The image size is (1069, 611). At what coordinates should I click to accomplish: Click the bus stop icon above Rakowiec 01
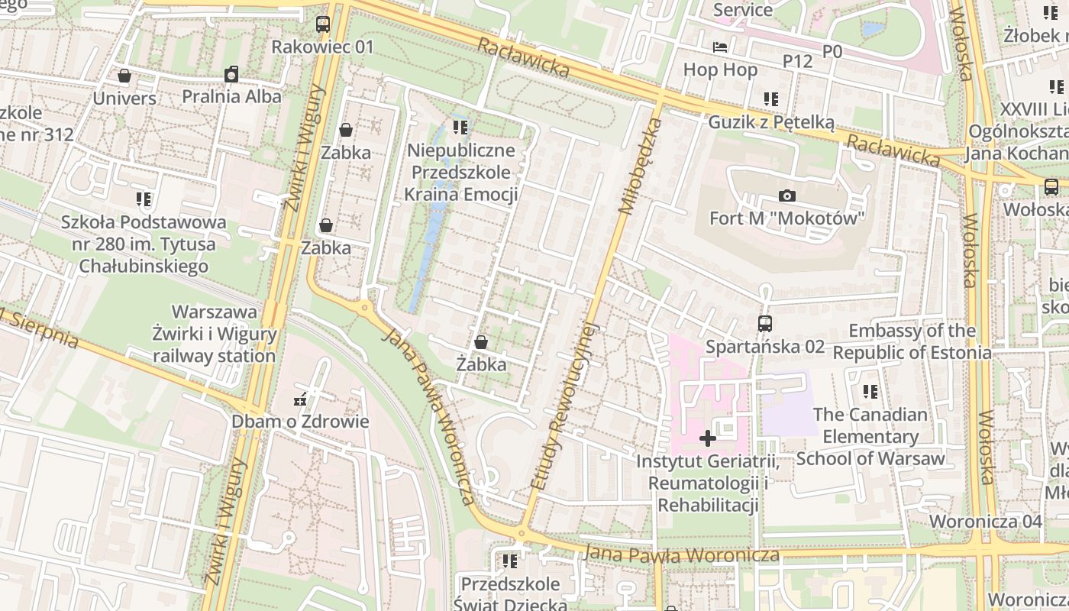pos(323,24)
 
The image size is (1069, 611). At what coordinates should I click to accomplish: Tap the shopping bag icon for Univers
pos(124,76)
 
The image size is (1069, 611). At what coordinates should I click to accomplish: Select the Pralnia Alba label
pos(231,96)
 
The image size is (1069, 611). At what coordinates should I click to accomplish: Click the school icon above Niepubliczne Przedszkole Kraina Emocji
pos(460,127)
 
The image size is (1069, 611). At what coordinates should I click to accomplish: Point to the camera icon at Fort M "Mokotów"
pos(787,196)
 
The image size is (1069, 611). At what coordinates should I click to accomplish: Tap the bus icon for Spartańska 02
pos(765,324)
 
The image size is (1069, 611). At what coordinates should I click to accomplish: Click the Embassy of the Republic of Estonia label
pos(912,341)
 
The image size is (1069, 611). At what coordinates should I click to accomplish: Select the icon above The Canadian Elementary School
pos(870,392)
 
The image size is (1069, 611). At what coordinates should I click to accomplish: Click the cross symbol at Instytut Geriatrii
pos(708,438)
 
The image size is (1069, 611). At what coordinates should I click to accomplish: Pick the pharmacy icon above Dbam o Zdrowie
pos(300,399)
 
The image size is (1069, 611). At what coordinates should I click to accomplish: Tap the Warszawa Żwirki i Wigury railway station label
pos(215,334)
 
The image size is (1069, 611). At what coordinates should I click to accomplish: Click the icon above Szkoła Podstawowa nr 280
pos(144,200)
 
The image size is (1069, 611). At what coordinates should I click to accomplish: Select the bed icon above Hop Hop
pos(720,47)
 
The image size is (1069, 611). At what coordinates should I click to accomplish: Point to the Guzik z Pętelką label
pos(771,122)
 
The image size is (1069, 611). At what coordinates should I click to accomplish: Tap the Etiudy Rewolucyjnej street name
pos(564,405)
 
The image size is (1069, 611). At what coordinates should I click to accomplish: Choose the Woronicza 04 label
pos(985,522)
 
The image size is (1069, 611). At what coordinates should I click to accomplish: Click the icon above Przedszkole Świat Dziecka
pos(510,562)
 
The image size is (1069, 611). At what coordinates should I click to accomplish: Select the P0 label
pos(832,51)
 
